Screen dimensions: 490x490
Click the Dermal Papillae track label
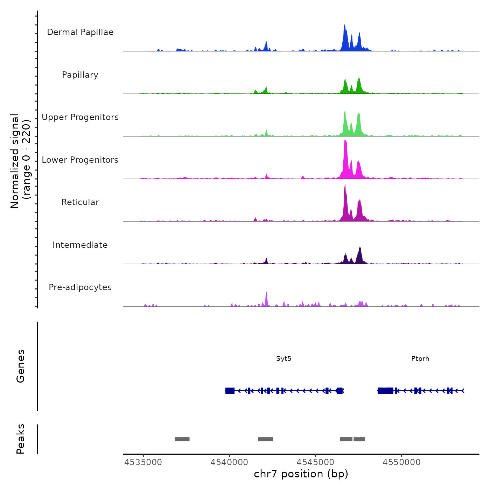[x=80, y=32]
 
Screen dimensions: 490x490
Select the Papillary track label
[x=80, y=75]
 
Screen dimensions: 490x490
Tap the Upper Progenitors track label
[x=80, y=117]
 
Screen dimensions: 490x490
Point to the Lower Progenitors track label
[x=80, y=160]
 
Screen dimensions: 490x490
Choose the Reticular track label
[x=80, y=202]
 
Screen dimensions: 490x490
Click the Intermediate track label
[x=80, y=245]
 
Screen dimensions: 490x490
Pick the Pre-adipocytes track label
[x=80, y=287]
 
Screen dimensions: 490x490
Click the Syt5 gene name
[x=283, y=359]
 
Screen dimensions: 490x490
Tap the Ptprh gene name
[x=420, y=359]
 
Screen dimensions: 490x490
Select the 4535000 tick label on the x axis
[x=143, y=462]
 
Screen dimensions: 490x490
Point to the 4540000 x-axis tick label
[x=229, y=462]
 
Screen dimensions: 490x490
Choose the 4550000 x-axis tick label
[x=401, y=462]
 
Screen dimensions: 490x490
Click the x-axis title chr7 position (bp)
[x=301, y=474]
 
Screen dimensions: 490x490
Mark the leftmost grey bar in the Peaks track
[x=182, y=439]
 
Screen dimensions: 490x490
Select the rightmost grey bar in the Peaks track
[x=359, y=439]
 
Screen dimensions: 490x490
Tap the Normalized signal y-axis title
[x=20, y=161]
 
